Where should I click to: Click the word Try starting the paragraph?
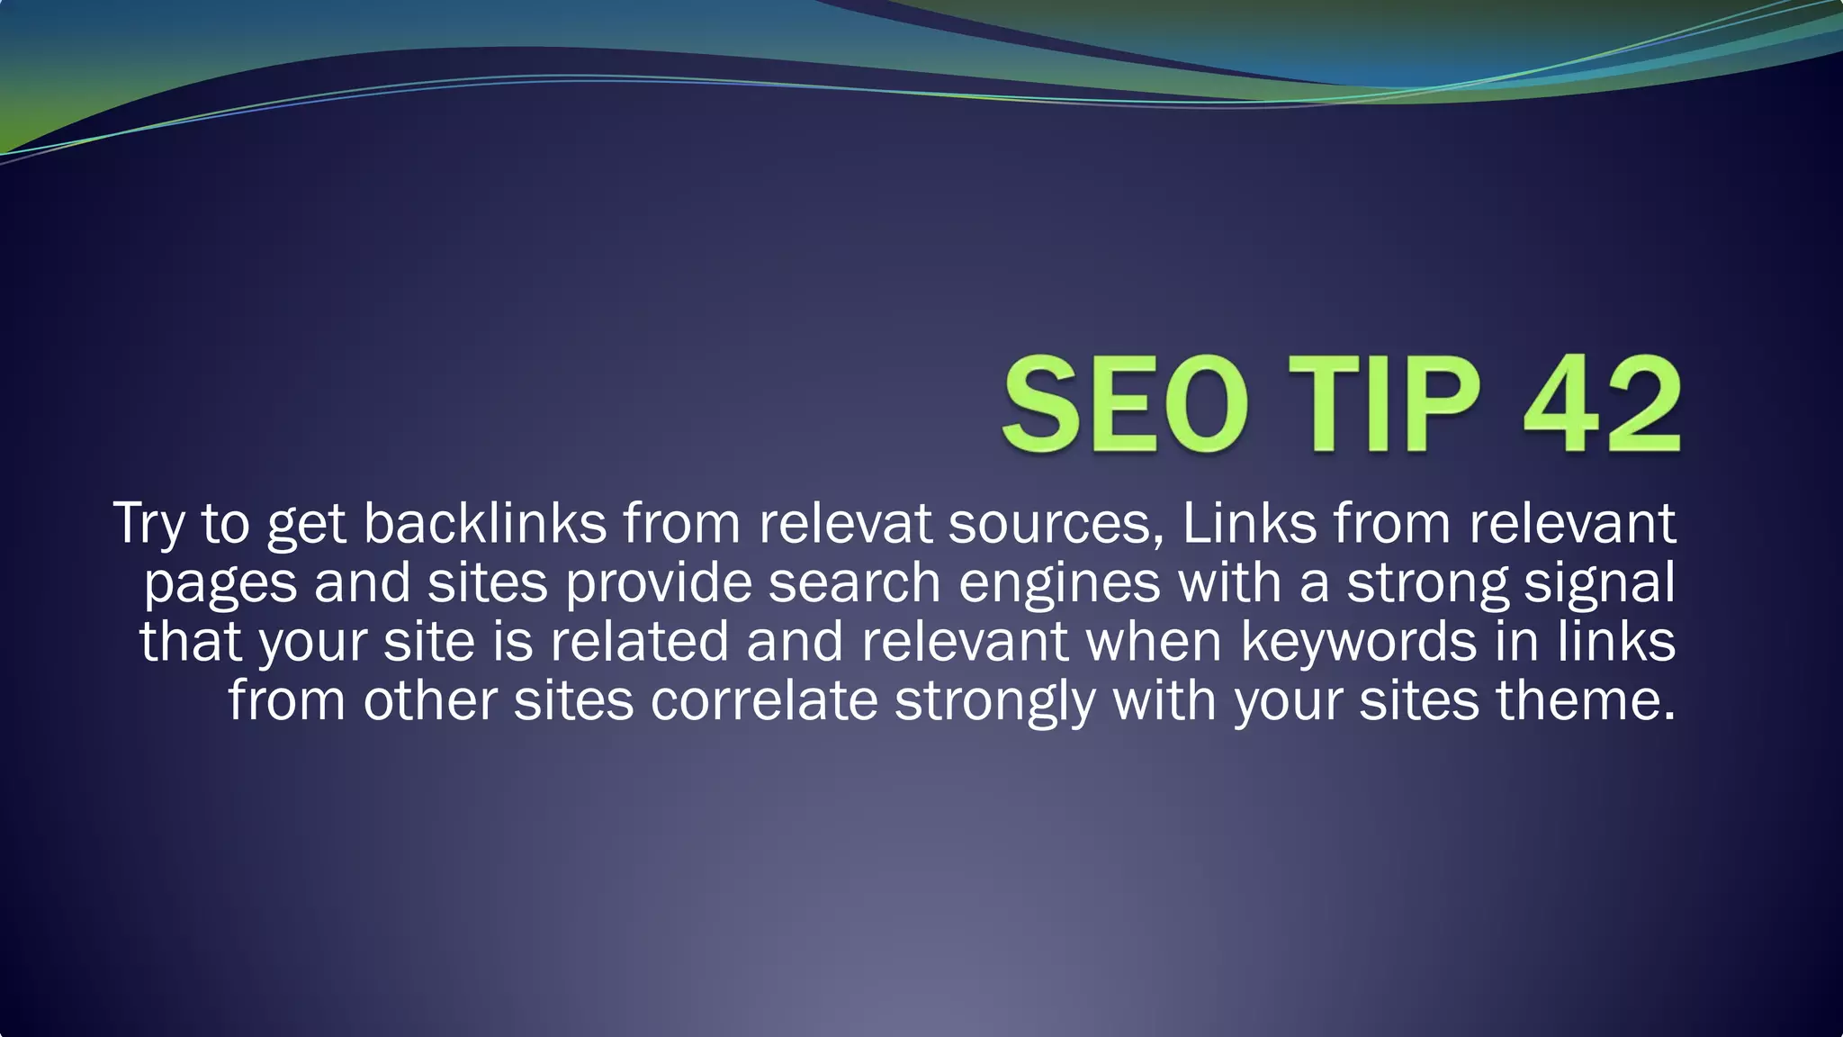(148, 524)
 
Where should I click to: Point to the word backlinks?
(485, 523)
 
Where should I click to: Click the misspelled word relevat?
(845, 523)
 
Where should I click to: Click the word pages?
(220, 583)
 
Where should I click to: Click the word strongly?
(994, 702)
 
